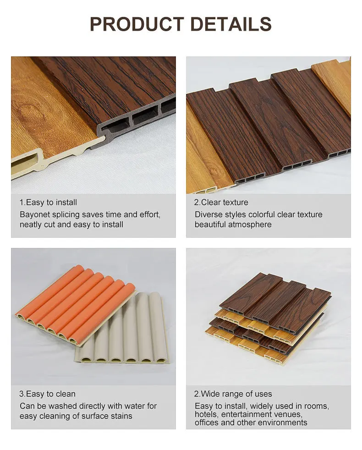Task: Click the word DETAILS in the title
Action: [231, 24]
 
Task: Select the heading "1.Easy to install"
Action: [48, 203]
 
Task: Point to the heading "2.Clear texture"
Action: [221, 203]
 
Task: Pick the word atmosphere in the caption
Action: [248, 225]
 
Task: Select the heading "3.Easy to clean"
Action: [47, 394]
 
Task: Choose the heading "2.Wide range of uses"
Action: [233, 394]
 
